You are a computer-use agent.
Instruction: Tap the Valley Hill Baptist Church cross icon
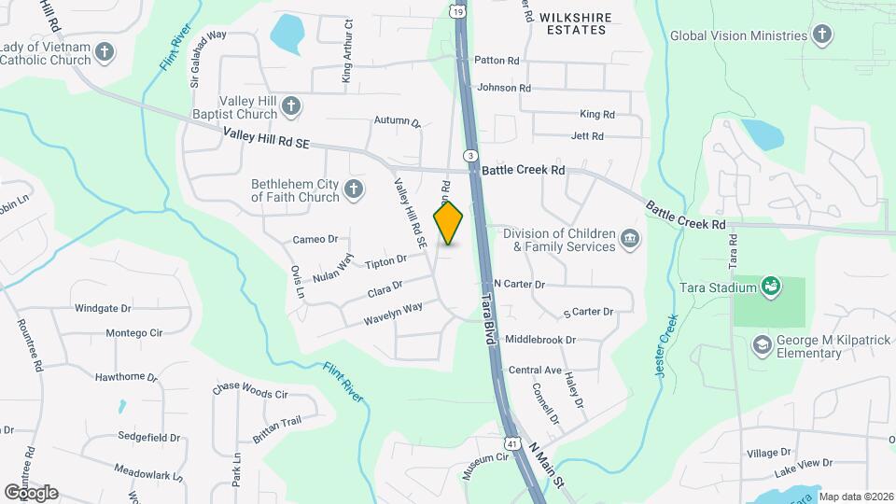[x=291, y=106]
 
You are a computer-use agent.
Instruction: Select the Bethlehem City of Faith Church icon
[x=353, y=190]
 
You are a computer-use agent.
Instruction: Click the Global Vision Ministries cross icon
[x=821, y=35]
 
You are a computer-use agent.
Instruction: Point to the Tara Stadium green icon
[x=770, y=285]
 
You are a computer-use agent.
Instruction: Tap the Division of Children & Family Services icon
[x=630, y=240]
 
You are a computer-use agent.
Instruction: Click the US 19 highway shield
[x=456, y=10]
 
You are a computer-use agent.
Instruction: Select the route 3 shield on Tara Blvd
[x=471, y=154]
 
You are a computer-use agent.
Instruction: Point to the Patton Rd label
[x=497, y=61]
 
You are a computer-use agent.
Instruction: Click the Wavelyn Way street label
[x=393, y=312]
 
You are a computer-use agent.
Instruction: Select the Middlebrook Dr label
[x=540, y=340]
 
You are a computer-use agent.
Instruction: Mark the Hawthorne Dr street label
[x=126, y=377]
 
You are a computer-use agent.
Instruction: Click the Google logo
[x=31, y=492]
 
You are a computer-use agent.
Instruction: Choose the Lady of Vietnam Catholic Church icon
[x=105, y=51]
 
